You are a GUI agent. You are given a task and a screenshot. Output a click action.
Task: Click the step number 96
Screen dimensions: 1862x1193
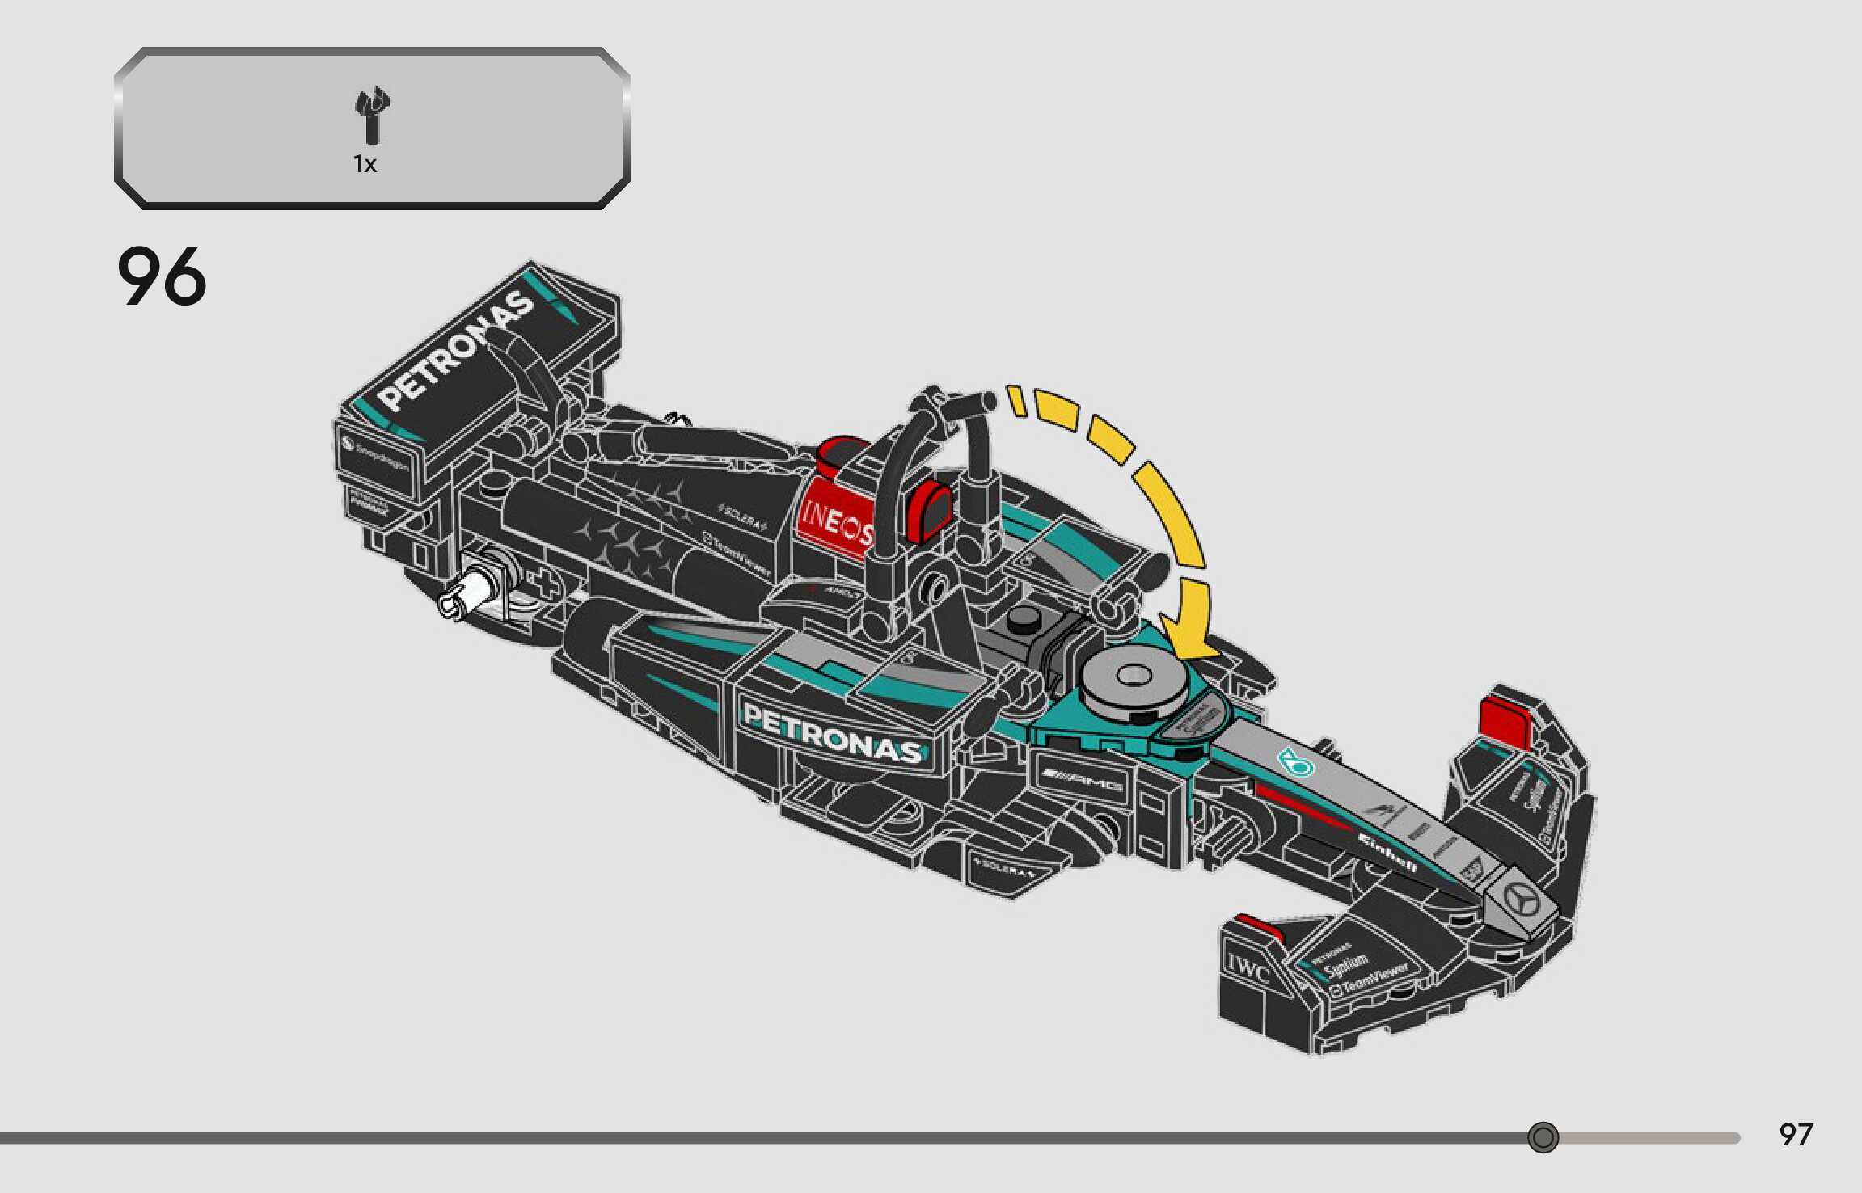pos(162,276)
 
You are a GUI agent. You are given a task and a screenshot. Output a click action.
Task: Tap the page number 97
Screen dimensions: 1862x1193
pos(1796,1135)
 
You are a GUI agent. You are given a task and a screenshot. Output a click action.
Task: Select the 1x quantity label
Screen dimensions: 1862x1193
pos(365,165)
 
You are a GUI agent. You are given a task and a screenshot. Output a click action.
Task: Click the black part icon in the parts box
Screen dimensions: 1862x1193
pos(372,117)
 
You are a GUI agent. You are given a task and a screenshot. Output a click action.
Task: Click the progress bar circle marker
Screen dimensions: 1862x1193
pos(1543,1137)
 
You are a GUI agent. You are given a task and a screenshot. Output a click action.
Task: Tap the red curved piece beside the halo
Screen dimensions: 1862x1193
pos(930,509)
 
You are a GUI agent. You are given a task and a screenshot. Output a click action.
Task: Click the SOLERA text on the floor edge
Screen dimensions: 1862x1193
pos(1005,869)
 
